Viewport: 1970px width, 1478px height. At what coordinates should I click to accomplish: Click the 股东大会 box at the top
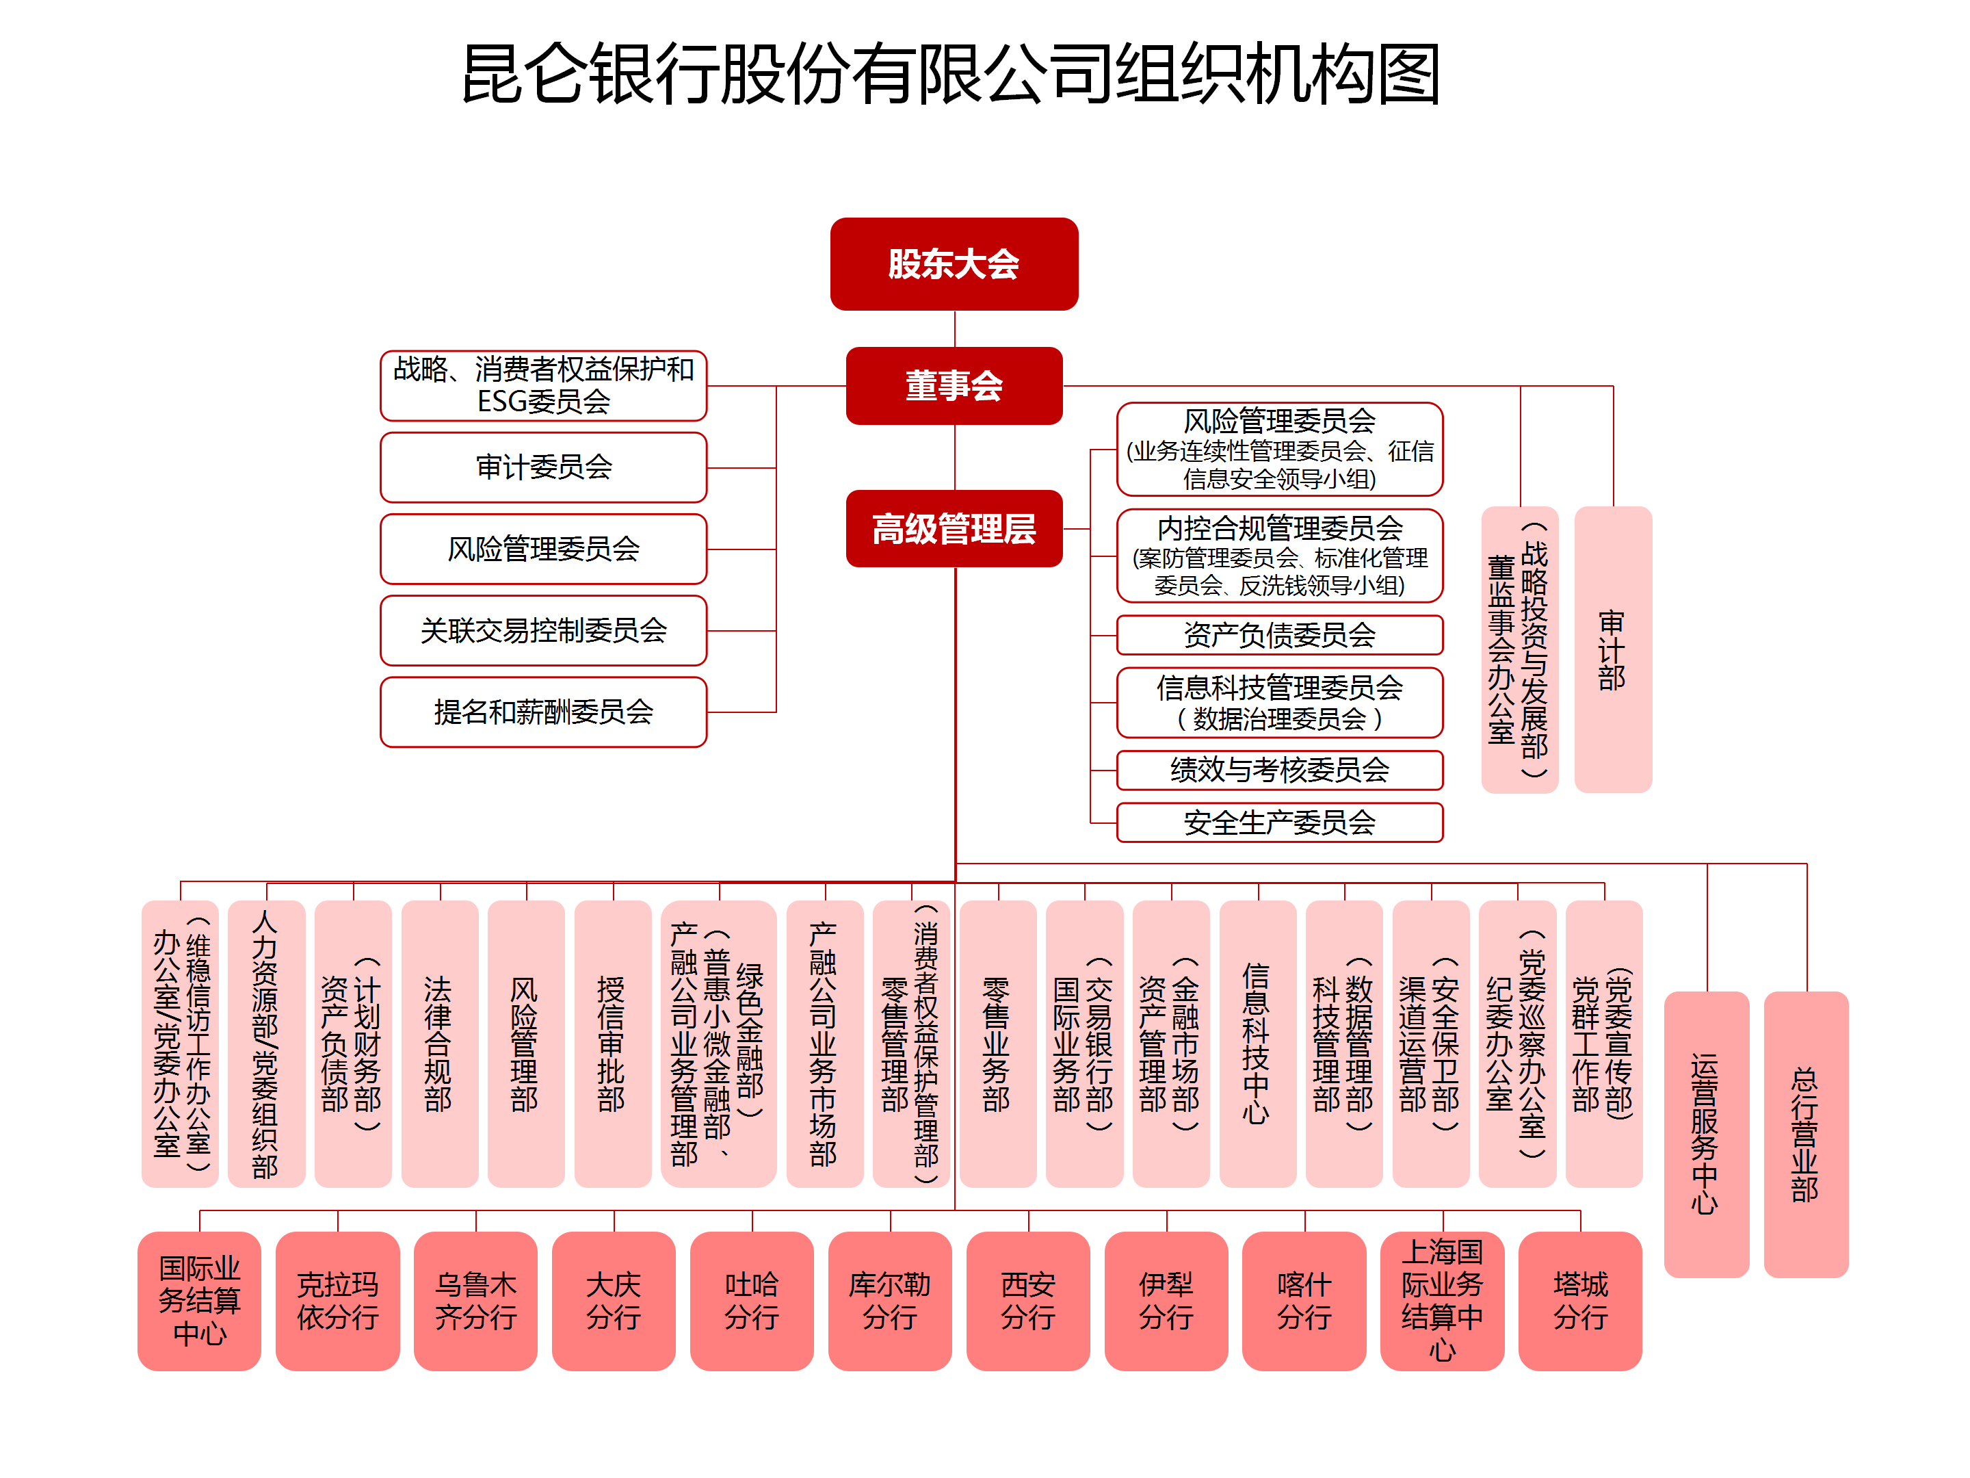pos(953,263)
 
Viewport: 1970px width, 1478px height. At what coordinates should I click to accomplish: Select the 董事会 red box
pos(953,386)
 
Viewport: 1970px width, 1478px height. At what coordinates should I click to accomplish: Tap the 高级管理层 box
pos(953,528)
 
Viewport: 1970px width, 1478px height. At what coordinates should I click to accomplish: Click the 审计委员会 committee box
pos(543,467)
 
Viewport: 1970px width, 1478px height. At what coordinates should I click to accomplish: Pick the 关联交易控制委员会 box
pos(543,631)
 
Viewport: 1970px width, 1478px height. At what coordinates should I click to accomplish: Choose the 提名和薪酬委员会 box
pos(543,712)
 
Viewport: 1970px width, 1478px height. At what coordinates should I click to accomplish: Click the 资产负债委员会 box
pos(1279,635)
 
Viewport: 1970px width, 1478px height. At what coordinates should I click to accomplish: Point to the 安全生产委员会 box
pos(1279,822)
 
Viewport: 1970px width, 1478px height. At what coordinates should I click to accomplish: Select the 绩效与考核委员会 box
pos(1279,770)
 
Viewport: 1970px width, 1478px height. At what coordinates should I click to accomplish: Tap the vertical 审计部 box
pos(1612,649)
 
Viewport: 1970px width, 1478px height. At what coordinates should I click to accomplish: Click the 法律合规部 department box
pos(439,1043)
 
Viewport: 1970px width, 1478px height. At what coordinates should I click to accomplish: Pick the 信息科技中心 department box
pos(1257,1043)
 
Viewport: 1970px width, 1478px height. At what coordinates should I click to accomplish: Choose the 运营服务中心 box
pos(1705,1133)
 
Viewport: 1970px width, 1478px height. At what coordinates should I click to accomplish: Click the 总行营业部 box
pos(1805,1133)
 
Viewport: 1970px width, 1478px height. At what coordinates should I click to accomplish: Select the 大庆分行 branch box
pos(613,1300)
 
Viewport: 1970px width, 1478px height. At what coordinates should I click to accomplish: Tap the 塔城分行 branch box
pos(1580,1300)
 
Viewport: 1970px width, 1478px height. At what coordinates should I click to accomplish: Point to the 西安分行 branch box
pos(1027,1300)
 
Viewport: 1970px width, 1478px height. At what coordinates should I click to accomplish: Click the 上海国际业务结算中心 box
pos(1442,1300)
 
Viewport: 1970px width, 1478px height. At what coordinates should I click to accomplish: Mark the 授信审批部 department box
pos(612,1043)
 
